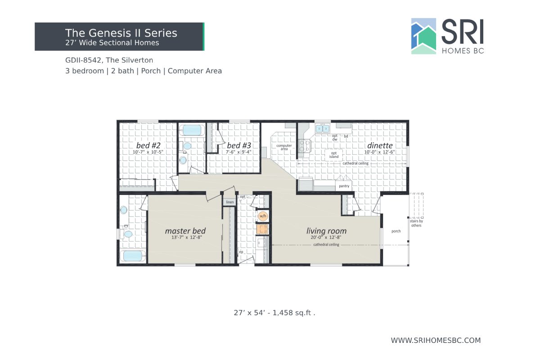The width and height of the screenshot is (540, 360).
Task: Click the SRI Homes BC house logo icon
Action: tap(423, 36)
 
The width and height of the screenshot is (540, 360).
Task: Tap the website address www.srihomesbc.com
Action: tap(436, 341)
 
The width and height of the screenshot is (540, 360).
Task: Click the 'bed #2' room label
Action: tap(148, 146)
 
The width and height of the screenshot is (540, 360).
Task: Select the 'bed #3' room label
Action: tap(239, 146)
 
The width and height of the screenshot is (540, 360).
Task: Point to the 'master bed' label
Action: tap(185, 231)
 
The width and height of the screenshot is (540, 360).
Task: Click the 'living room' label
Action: tap(327, 231)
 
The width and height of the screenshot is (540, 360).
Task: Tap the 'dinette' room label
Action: tap(380, 146)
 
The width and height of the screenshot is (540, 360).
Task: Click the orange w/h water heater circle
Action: tap(262, 216)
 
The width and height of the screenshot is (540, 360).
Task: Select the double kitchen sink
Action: tap(322, 129)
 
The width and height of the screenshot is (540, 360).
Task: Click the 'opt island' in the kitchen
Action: tap(334, 155)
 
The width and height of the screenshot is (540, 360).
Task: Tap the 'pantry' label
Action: tap(344, 186)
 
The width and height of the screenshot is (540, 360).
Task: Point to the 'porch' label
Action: tap(396, 231)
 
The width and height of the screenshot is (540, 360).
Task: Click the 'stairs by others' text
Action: tap(416, 223)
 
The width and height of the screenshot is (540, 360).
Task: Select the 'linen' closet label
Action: tap(230, 202)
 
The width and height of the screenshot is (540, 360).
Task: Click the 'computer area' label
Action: tap(284, 147)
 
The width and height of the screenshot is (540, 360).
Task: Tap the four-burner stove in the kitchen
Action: tap(305, 145)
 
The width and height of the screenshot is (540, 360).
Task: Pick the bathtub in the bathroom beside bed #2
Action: tap(192, 130)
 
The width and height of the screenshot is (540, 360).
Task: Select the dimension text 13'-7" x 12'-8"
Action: tap(185, 238)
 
